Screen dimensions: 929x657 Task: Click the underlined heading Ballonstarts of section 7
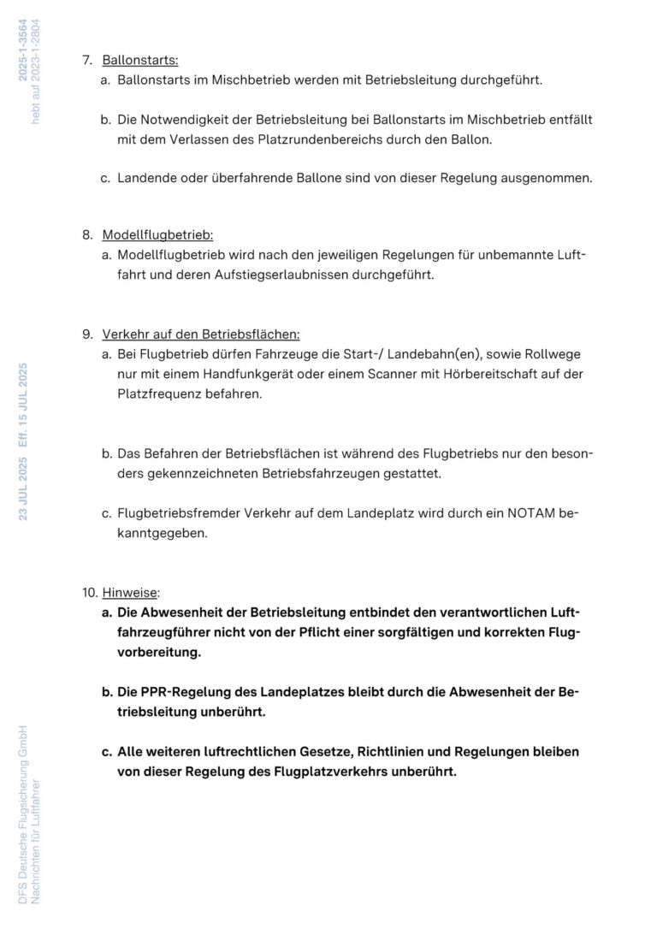click(x=139, y=60)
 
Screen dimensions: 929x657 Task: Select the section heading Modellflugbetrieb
click(x=157, y=234)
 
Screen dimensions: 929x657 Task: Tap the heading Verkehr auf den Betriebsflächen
click(x=200, y=334)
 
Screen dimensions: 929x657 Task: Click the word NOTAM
click(x=536, y=513)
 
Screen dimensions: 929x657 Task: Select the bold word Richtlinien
click(x=416, y=751)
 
